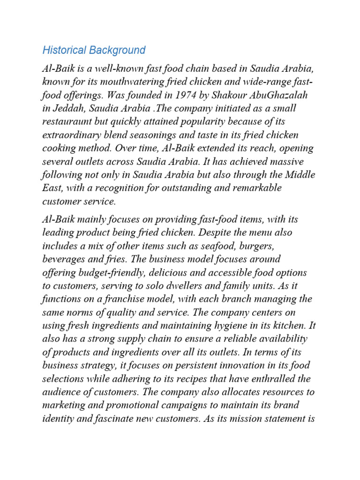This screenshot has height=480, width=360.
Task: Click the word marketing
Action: [x=63, y=405]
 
